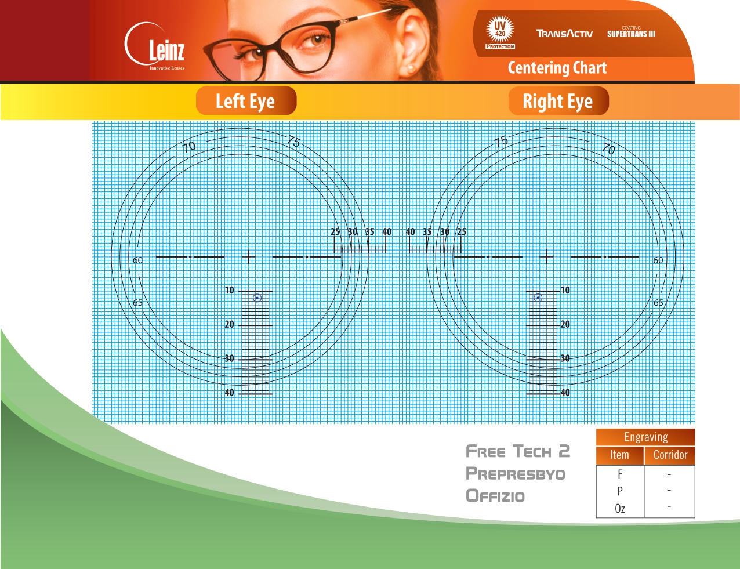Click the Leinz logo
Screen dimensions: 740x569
coord(155,46)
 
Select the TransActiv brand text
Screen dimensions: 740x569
coord(564,34)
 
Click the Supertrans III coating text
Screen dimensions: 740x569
coord(631,32)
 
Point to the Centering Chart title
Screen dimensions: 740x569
coord(557,68)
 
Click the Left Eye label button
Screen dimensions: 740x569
coord(246,101)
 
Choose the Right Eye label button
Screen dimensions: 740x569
coord(558,101)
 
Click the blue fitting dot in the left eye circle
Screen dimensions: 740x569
coord(257,298)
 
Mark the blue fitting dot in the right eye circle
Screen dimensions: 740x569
coord(538,298)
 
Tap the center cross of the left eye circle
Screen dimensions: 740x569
coord(249,257)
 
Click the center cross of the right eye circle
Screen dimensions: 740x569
coord(546,257)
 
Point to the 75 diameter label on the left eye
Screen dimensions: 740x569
coord(293,141)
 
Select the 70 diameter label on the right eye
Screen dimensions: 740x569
coord(608,149)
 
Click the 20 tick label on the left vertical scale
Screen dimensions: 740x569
coord(229,324)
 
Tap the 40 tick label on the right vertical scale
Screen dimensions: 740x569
coord(565,392)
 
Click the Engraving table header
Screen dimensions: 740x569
coord(645,437)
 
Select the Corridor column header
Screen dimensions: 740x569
coord(670,455)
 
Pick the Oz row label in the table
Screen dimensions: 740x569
coord(620,509)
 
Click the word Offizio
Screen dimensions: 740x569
coord(495,496)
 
